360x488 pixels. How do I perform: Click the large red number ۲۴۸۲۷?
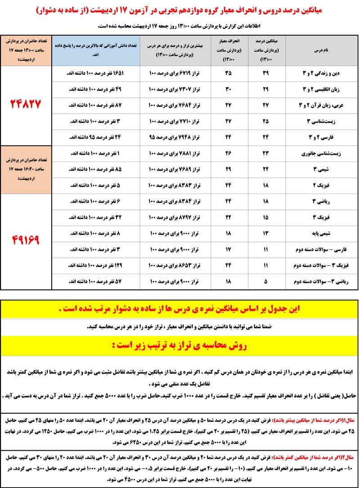(26, 105)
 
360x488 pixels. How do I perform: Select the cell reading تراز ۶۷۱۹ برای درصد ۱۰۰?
(174, 73)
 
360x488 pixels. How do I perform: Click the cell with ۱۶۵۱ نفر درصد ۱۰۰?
(95, 73)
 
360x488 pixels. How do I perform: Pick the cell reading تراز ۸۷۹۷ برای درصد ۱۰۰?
(174, 218)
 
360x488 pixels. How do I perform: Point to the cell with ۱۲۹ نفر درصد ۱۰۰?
(95, 266)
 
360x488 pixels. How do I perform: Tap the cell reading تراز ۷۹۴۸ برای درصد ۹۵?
(174, 137)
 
